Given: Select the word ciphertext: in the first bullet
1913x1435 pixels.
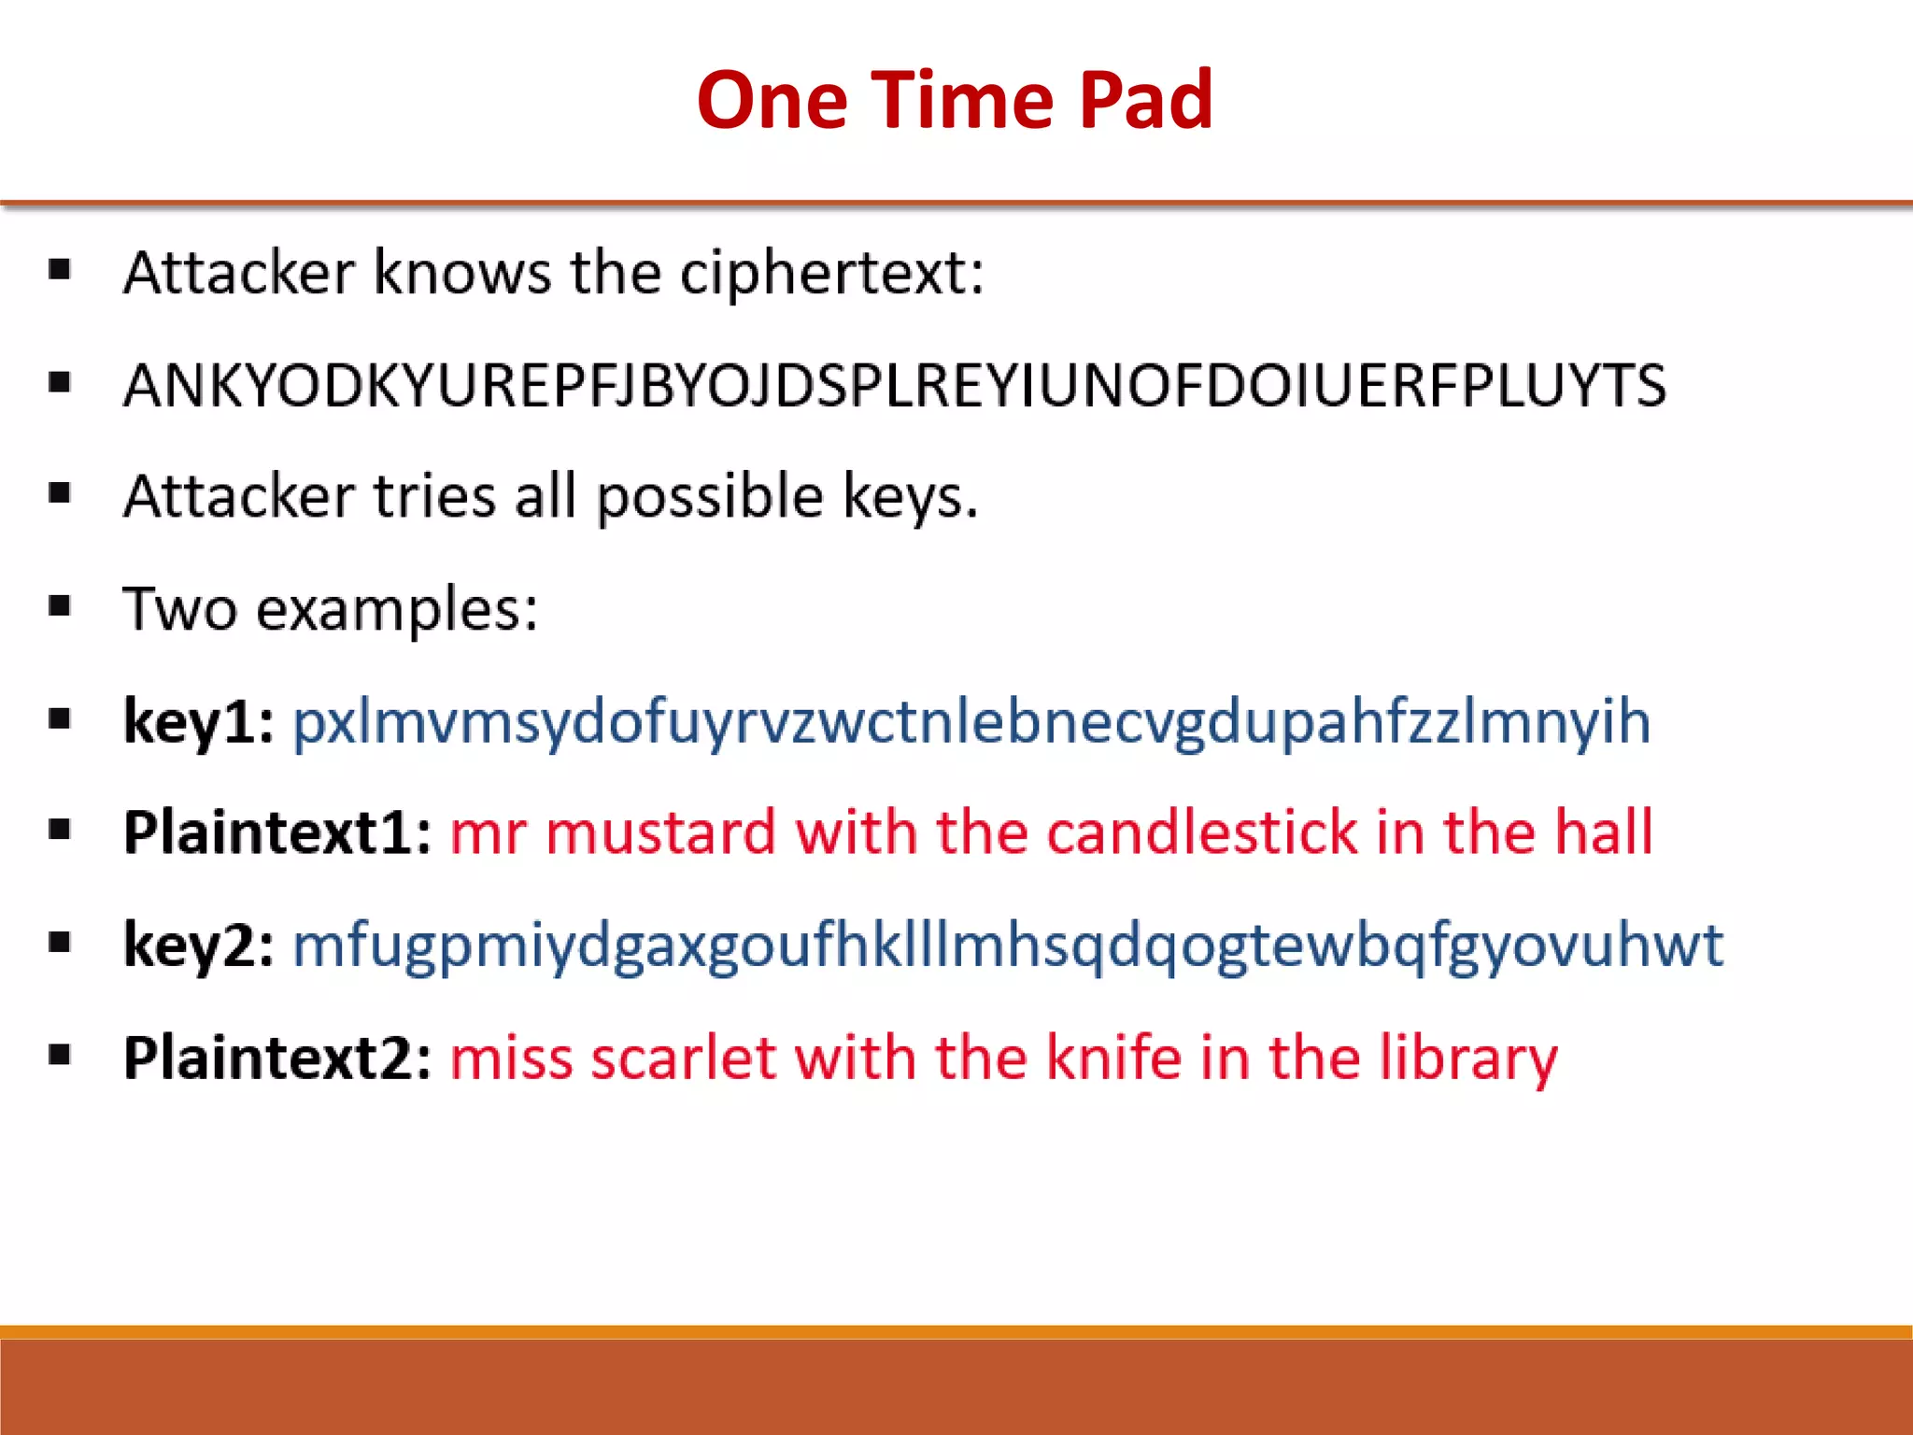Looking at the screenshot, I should (x=831, y=273).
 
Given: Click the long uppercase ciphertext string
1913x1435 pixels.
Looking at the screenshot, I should (x=895, y=385).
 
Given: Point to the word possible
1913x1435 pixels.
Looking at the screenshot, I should (x=710, y=496).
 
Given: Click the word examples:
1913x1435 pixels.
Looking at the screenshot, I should (x=397, y=609).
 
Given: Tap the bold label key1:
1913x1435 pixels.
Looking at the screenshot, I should (x=199, y=721).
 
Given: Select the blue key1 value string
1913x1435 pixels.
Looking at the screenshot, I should (x=971, y=721).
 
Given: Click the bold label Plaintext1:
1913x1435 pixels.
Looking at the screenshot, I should (x=277, y=832).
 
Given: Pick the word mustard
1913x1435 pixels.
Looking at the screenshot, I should (x=660, y=832).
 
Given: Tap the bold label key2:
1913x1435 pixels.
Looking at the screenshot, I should (x=199, y=945).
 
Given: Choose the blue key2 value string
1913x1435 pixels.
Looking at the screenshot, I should (x=1007, y=945).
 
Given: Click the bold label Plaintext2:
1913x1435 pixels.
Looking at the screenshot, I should (x=277, y=1058).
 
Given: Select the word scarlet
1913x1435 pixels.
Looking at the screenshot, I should (x=684, y=1058).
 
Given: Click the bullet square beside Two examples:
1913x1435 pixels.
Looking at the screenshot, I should (x=60, y=606).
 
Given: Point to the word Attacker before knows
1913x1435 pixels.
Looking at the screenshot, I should (x=239, y=273).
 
